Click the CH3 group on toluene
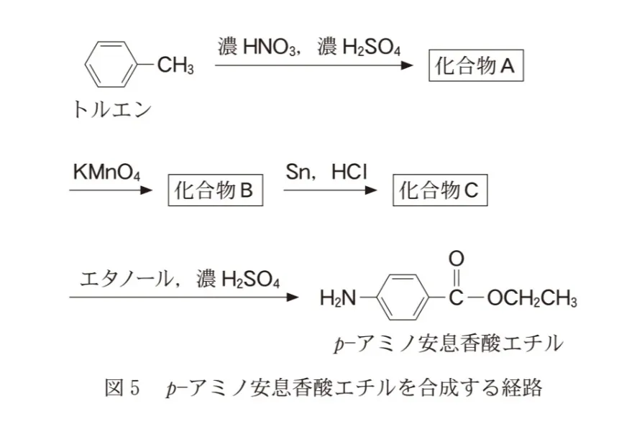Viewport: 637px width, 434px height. pos(175,67)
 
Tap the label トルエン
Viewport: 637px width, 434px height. pos(112,109)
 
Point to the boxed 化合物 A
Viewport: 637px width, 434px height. pos(475,67)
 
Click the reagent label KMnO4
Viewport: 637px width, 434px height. pos(106,172)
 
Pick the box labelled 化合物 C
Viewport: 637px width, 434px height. pos(439,191)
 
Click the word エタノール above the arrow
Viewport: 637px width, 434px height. pos(125,278)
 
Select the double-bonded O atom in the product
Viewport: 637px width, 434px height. pos(456,258)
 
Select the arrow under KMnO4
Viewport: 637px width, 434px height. pos(111,190)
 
